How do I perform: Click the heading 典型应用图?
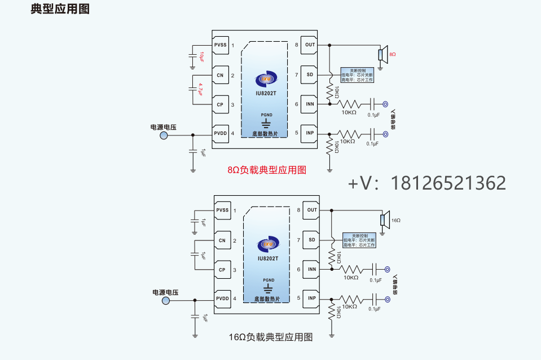coord(60,10)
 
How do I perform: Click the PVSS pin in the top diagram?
coord(220,45)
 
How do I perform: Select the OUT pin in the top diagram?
coord(310,45)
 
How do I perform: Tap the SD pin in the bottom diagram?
coord(312,240)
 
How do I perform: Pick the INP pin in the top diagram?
coord(310,134)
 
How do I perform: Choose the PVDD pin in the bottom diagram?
coord(222,298)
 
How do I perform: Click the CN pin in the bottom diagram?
coord(222,240)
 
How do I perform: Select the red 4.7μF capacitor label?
coord(201,89)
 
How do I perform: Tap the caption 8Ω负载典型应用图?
coord(266,170)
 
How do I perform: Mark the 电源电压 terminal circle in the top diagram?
coord(164,135)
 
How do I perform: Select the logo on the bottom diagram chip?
coord(268,244)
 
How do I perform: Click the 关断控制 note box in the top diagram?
coord(357,76)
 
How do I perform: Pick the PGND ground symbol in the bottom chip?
coord(269,286)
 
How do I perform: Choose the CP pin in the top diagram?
coord(220,104)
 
